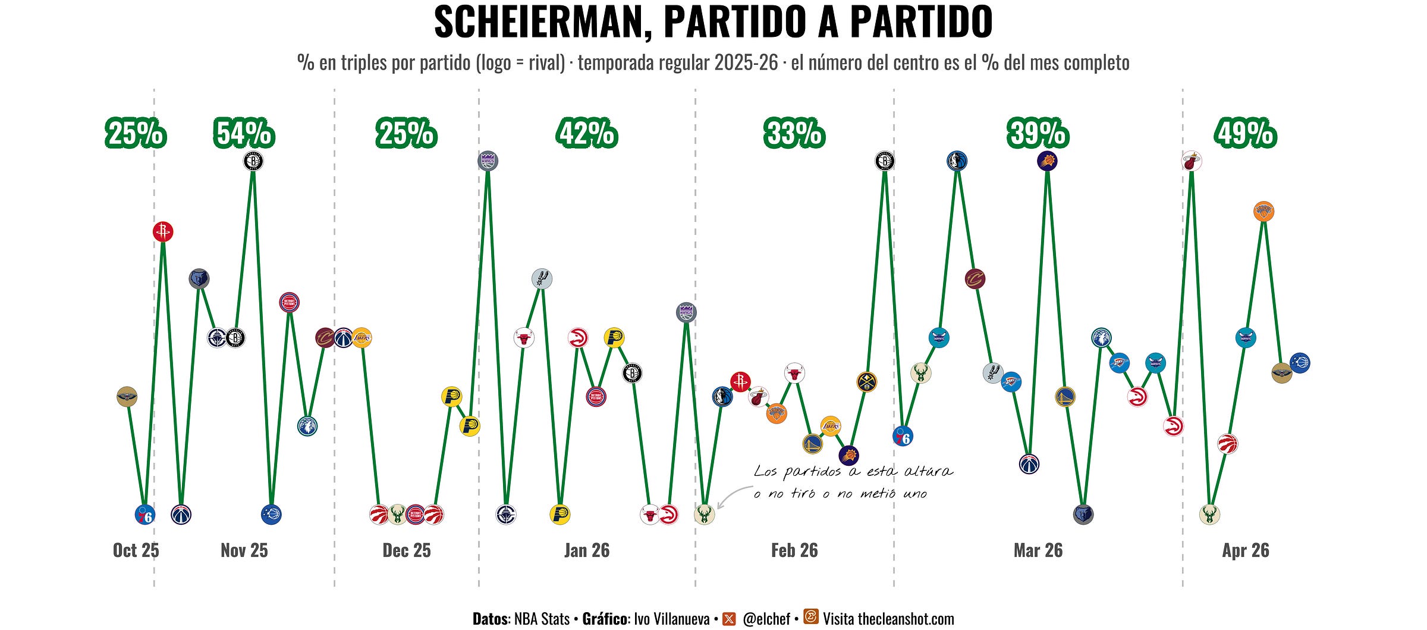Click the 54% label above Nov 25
tap(244, 133)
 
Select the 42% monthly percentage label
tap(587, 133)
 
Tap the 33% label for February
tap(794, 133)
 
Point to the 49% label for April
tap(1246, 133)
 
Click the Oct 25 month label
tap(136, 550)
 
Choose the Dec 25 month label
tap(407, 550)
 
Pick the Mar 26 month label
tap(1038, 550)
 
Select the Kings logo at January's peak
tap(488, 161)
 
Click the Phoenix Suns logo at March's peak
tap(1047, 161)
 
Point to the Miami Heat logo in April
tap(1192, 161)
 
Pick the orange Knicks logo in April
tap(1263, 211)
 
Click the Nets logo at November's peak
tap(253, 161)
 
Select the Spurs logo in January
tap(542, 278)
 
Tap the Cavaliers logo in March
tap(975, 278)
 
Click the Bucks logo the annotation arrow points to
tap(704, 514)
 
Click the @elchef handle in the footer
tap(766, 619)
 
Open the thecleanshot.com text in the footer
tap(906, 619)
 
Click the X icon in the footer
tap(729, 619)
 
